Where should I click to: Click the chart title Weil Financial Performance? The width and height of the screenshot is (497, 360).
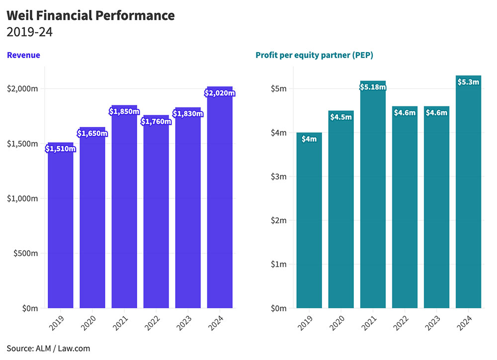pyautogui.click(x=90, y=15)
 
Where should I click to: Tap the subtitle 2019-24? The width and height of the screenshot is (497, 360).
pyautogui.click(x=30, y=33)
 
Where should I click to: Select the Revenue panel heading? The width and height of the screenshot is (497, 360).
pyautogui.click(x=23, y=55)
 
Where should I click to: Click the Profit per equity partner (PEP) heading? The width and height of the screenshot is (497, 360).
pyautogui.click(x=314, y=55)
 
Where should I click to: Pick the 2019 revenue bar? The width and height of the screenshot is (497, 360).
pyautogui.click(x=61, y=229)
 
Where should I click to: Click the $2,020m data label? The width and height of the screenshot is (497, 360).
pyautogui.click(x=220, y=92)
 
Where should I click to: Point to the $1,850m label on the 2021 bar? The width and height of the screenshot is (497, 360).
pyautogui.click(x=124, y=111)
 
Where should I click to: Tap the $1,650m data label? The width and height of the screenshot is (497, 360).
pyautogui.click(x=92, y=133)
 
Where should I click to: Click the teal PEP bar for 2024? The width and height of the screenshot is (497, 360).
pyautogui.click(x=468, y=199)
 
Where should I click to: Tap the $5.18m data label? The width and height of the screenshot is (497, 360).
pyautogui.click(x=373, y=87)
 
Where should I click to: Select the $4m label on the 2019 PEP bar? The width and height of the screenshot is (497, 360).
pyautogui.click(x=309, y=139)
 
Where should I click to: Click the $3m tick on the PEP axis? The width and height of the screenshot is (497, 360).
pyautogui.click(x=278, y=177)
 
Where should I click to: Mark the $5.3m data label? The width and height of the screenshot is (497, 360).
pyautogui.click(x=468, y=82)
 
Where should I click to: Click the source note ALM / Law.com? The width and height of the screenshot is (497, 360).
pyautogui.click(x=48, y=349)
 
